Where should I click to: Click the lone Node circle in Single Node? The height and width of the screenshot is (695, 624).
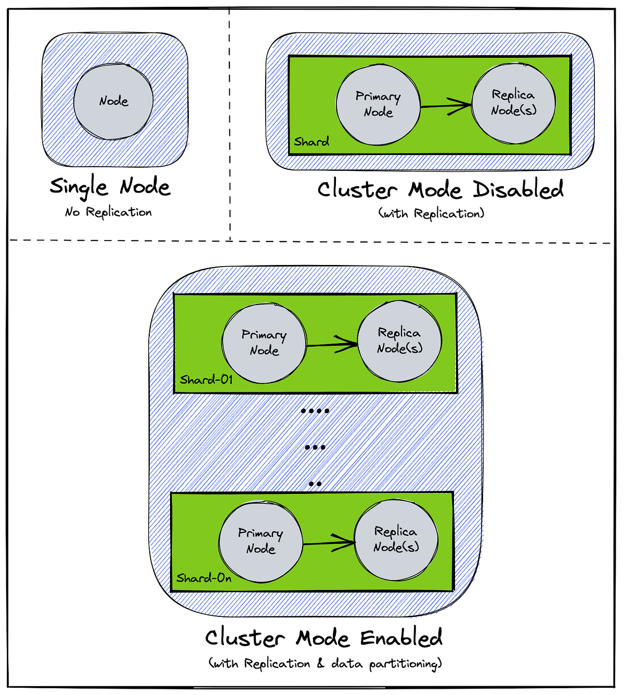(113, 102)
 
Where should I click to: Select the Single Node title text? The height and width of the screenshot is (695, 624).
(110, 187)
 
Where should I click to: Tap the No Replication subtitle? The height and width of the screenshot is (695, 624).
(108, 212)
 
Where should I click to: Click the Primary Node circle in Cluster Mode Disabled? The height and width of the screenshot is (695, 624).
(378, 105)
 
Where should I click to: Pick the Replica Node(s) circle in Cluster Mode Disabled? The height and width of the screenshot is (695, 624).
(513, 103)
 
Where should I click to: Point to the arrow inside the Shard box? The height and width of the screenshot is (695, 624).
(446, 106)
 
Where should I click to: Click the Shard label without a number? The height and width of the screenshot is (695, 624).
(311, 142)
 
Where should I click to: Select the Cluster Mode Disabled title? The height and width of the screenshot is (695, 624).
(440, 190)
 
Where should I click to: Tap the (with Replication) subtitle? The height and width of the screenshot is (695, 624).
(431, 214)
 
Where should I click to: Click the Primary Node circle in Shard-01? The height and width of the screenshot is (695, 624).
(264, 343)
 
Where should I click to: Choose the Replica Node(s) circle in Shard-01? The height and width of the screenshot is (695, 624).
(399, 341)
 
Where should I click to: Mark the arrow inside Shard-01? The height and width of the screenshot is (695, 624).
(332, 344)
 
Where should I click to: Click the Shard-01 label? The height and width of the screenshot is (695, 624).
(206, 380)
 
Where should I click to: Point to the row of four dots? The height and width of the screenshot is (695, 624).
(315, 411)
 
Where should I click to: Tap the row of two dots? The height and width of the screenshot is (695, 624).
(315, 484)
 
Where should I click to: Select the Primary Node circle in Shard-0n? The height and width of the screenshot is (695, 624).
(261, 541)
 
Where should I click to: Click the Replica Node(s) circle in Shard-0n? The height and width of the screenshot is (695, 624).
(396, 540)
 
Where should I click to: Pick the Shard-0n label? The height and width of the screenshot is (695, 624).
(204, 578)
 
